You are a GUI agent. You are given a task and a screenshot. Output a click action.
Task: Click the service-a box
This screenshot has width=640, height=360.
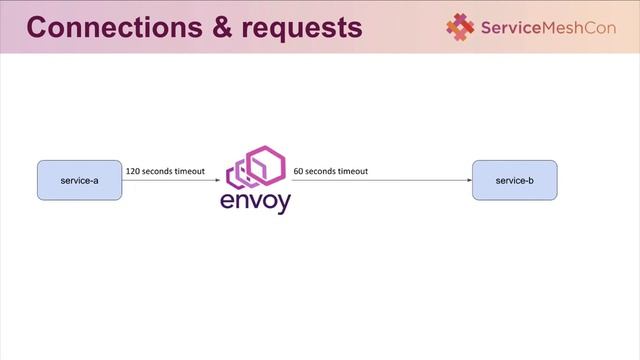point(79,179)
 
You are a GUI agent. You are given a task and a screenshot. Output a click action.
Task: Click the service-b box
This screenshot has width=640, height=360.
point(514,179)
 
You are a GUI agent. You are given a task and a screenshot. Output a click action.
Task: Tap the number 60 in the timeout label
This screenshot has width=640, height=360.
point(297,171)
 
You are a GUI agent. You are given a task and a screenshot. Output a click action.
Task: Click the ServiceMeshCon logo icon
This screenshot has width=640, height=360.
point(461,27)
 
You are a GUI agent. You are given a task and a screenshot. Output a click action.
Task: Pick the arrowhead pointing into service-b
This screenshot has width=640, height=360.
point(468,180)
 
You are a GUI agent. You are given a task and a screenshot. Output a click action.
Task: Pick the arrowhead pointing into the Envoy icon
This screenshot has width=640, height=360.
point(217,180)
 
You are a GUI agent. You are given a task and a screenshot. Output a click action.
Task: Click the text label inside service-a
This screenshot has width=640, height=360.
point(79,179)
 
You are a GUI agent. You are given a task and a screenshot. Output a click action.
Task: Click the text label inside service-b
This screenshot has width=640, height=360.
point(514,179)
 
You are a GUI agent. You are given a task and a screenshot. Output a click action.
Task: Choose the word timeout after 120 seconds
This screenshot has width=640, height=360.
point(189,171)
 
